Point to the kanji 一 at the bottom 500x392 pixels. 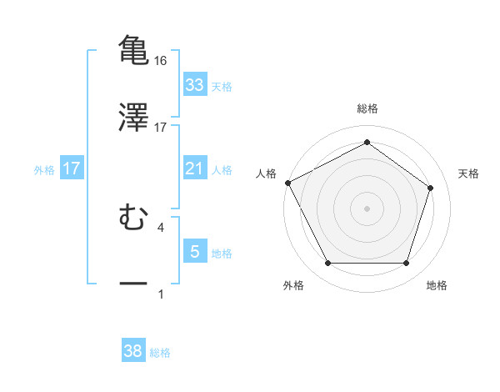pyautogui.click(x=133, y=284)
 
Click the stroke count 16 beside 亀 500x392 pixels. pyautogui.click(x=161, y=61)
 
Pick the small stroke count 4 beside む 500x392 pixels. pyautogui.click(x=161, y=226)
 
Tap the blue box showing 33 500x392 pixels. pyautogui.click(x=194, y=85)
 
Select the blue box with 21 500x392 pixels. pyautogui.click(x=194, y=168)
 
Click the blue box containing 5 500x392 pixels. pyautogui.click(x=194, y=252)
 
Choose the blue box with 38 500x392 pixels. pyautogui.click(x=133, y=352)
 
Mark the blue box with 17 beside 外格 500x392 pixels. pyautogui.click(x=72, y=168)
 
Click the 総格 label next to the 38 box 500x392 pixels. pyautogui.click(x=160, y=353)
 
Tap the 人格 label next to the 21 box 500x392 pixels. pyautogui.click(x=222, y=169)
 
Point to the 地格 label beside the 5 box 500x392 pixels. pyautogui.click(x=222, y=253)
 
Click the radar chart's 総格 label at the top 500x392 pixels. pyautogui.click(x=367, y=108)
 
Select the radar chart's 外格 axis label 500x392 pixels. pyautogui.click(x=293, y=285)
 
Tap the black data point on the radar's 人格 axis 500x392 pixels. pyautogui.click(x=287, y=183)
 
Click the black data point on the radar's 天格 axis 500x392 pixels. pyautogui.click(x=431, y=188)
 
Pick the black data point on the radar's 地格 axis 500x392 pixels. pyautogui.click(x=406, y=264)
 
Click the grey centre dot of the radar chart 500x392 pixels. pyautogui.click(x=367, y=208)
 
